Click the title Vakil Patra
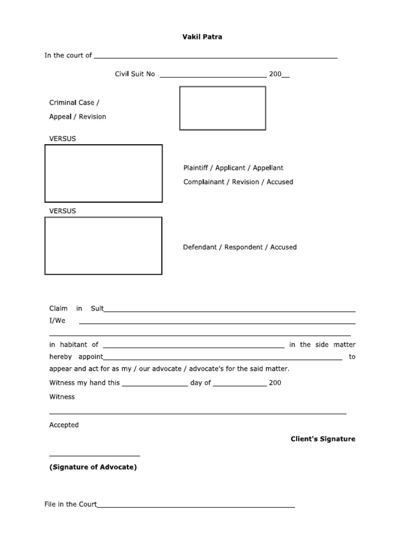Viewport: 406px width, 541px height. pyautogui.click(x=203, y=37)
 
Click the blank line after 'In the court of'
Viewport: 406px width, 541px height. pyautogui.click(x=215, y=57)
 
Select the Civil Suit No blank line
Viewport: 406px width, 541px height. pyautogui.click(x=213, y=76)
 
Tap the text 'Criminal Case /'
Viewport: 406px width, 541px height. pyautogui.click(x=74, y=102)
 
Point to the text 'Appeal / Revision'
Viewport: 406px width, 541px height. pyautogui.click(x=78, y=117)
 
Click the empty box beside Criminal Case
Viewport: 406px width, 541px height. pyautogui.click(x=223, y=108)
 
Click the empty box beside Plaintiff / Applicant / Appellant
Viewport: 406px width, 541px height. pyautogui.click(x=104, y=173)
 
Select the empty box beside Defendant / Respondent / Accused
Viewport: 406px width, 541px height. pyautogui.click(x=104, y=246)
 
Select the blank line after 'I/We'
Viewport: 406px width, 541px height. pyautogui.click(x=217, y=322)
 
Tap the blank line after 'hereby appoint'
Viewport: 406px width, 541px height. pyautogui.click(x=223, y=359)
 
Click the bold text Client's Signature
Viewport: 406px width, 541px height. pyautogui.click(x=323, y=439)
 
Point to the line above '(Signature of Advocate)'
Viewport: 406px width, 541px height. pyautogui.click(x=95, y=455)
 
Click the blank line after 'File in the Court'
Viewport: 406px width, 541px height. pyautogui.click(x=196, y=506)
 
